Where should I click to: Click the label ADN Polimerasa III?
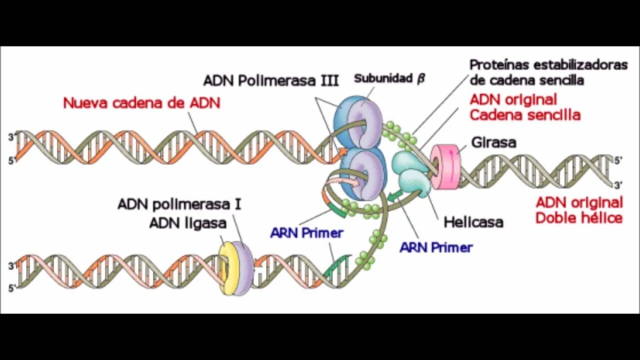click(x=271, y=81)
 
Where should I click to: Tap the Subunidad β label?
click(x=389, y=78)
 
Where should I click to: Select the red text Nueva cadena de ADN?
click(x=141, y=103)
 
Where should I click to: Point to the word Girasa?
click(x=494, y=142)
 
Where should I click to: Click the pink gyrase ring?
click(x=444, y=166)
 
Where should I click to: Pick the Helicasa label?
click(x=473, y=221)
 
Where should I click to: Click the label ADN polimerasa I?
click(x=179, y=204)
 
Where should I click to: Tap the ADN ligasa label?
click(x=188, y=223)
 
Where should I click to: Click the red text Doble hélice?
click(x=578, y=218)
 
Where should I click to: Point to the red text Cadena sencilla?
click(x=525, y=115)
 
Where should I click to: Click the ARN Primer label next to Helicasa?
click(x=436, y=247)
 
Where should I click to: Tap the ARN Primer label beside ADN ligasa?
click(x=306, y=233)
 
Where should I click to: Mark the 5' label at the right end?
click(x=618, y=161)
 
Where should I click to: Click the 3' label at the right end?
click(x=618, y=185)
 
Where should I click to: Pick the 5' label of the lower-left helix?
click(x=11, y=288)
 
